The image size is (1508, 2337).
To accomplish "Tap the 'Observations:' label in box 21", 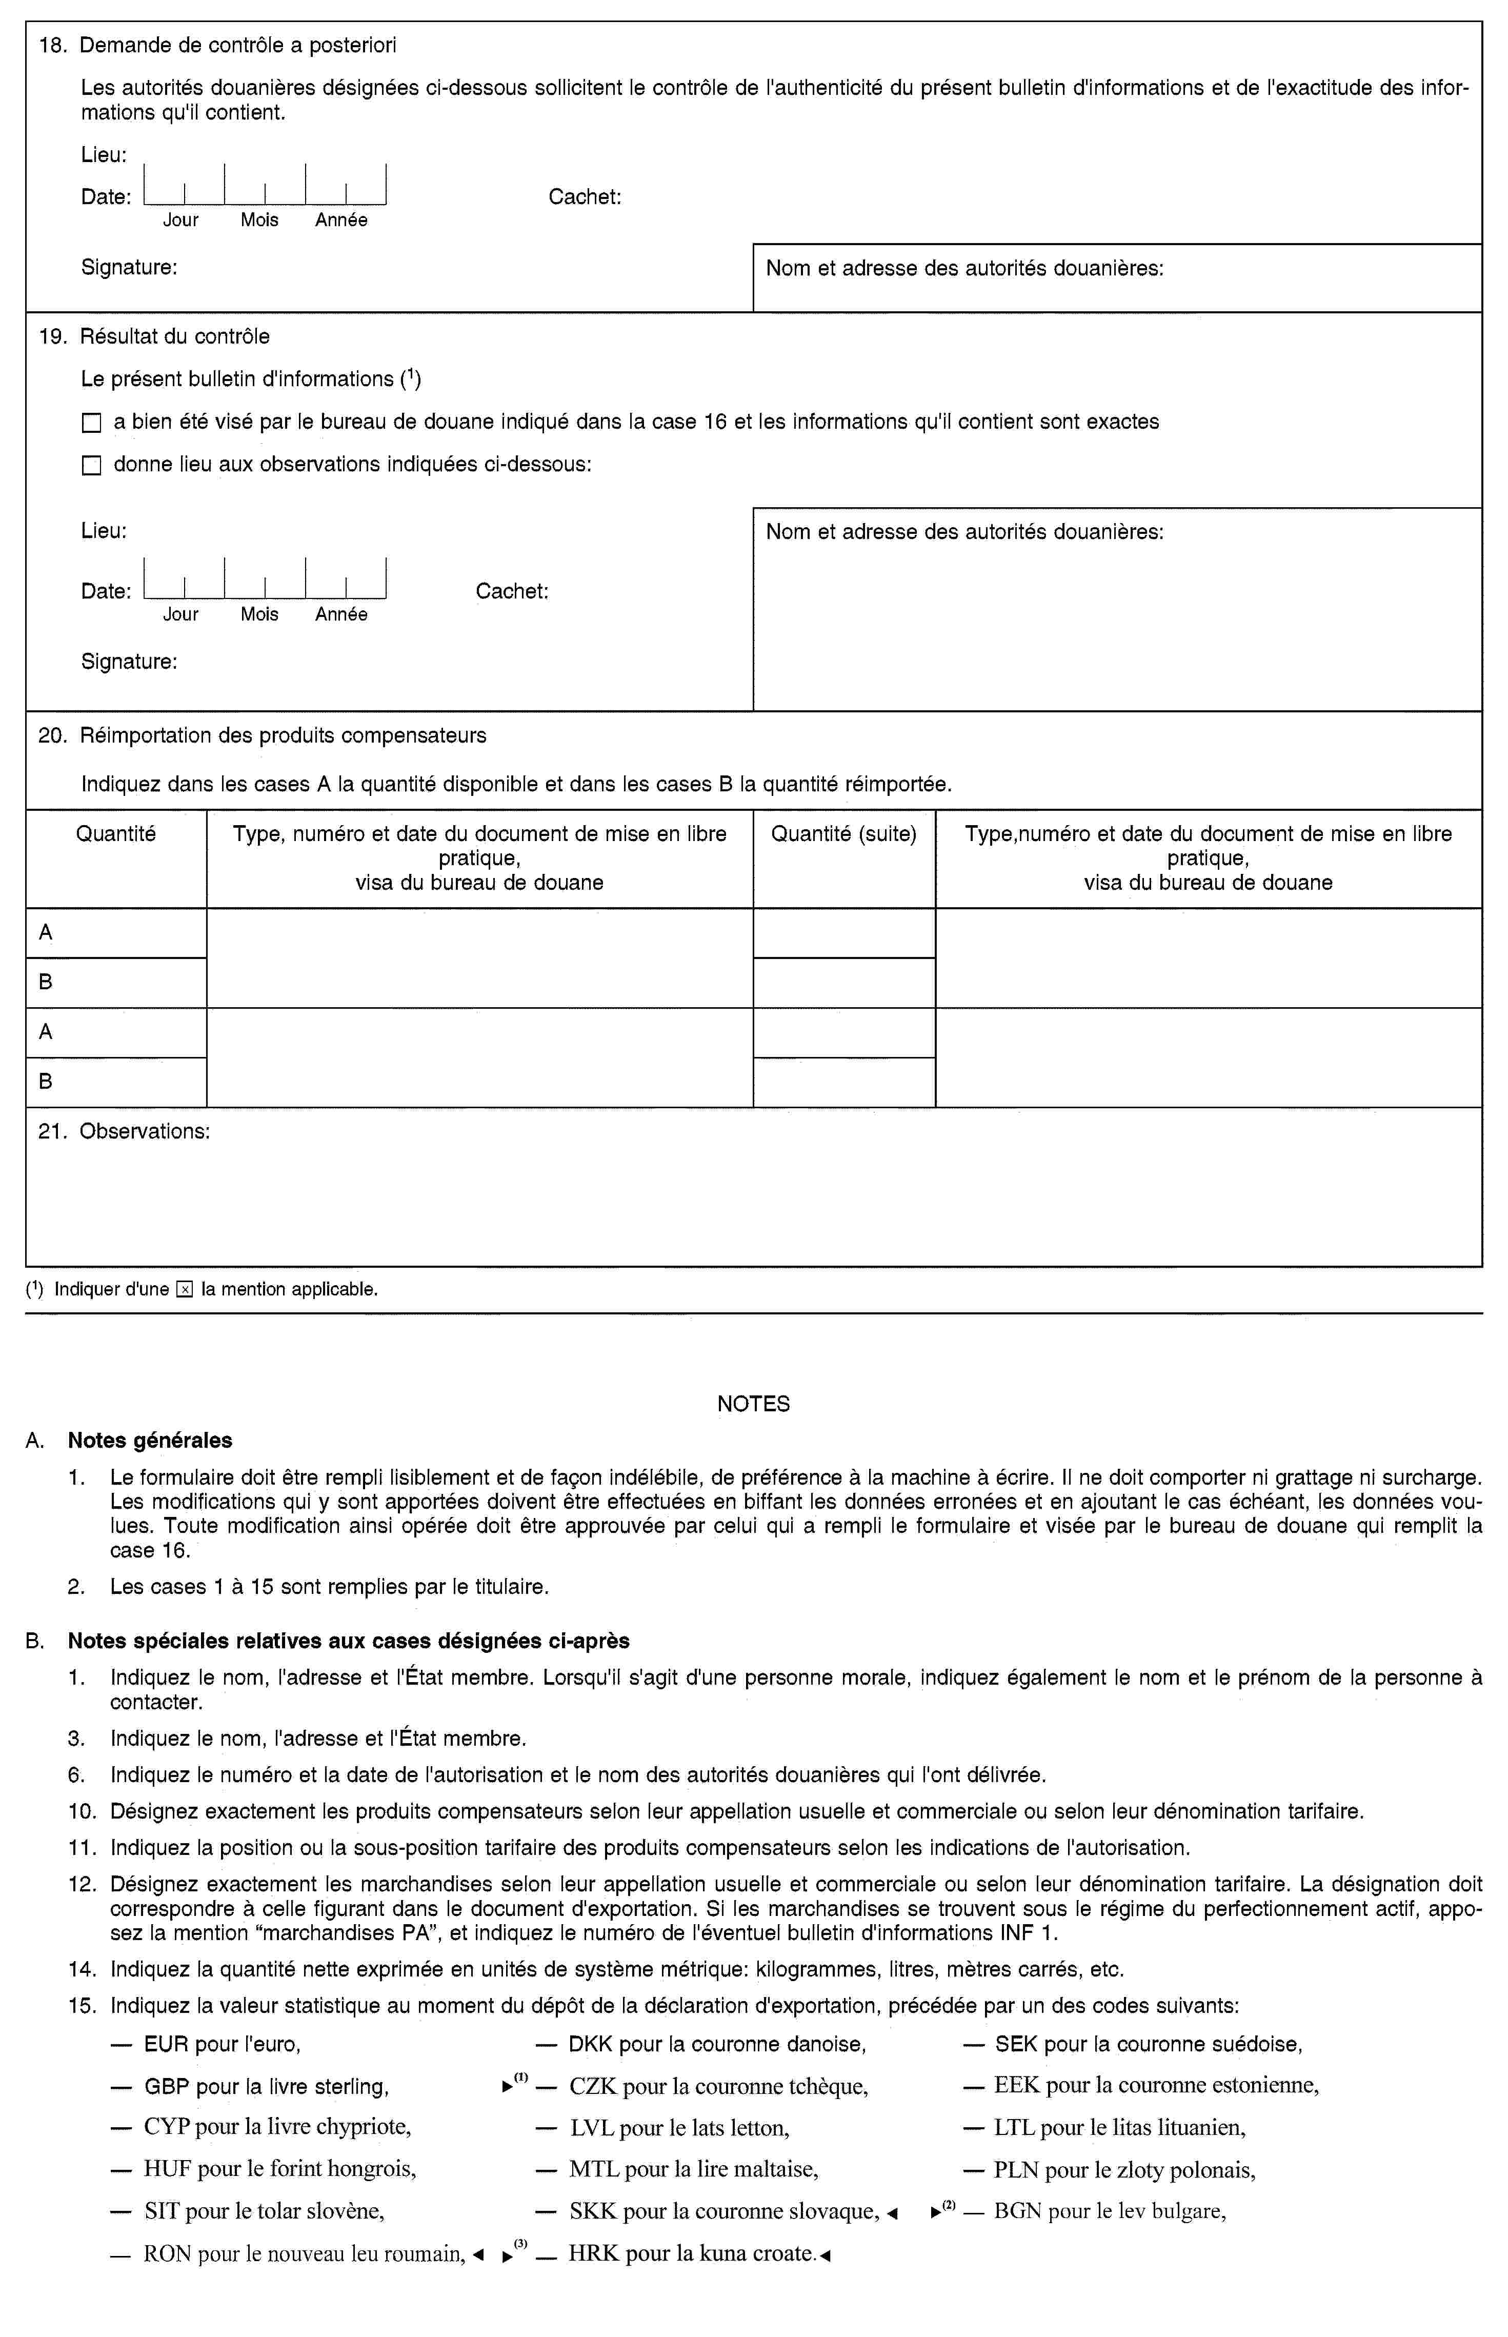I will tap(144, 1131).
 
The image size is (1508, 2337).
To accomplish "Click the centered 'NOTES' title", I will tap(753, 1404).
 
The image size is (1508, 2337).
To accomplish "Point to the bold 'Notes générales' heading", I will tap(150, 1441).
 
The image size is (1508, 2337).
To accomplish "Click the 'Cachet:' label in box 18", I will tap(585, 197).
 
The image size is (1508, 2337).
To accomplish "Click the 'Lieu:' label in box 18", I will tap(104, 155).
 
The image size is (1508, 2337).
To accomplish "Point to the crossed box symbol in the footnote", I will tap(185, 1290).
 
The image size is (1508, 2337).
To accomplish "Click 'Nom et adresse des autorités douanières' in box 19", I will tap(964, 533).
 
